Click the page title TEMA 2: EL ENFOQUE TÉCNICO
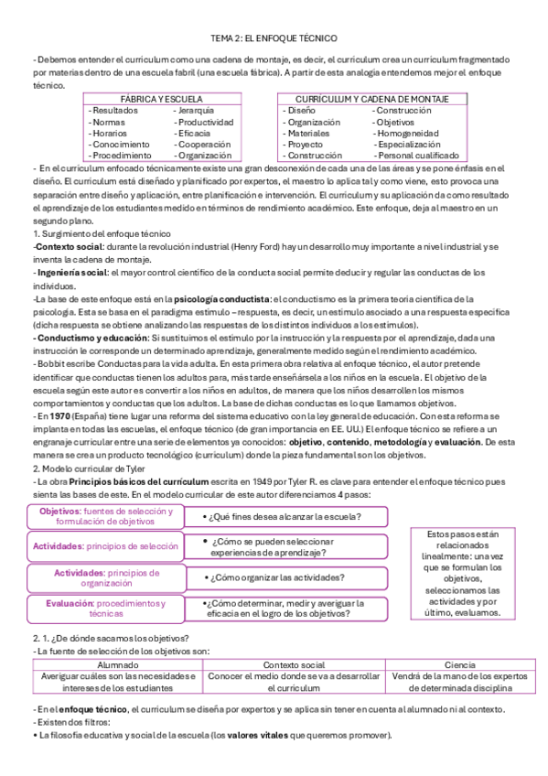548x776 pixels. click(x=274, y=38)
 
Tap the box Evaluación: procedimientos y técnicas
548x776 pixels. click(x=105, y=609)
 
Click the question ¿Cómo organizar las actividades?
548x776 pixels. click(x=285, y=577)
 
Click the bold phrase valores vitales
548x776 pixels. click(x=263, y=736)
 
